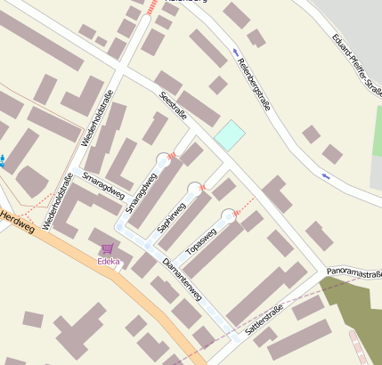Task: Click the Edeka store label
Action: [108, 261]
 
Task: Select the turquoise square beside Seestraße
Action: [229, 135]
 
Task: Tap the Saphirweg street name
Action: [171, 215]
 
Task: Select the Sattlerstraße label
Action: [264, 313]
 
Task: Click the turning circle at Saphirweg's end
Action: [194, 189]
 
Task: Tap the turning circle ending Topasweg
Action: [229, 215]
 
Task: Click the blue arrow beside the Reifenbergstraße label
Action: [234, 50]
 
